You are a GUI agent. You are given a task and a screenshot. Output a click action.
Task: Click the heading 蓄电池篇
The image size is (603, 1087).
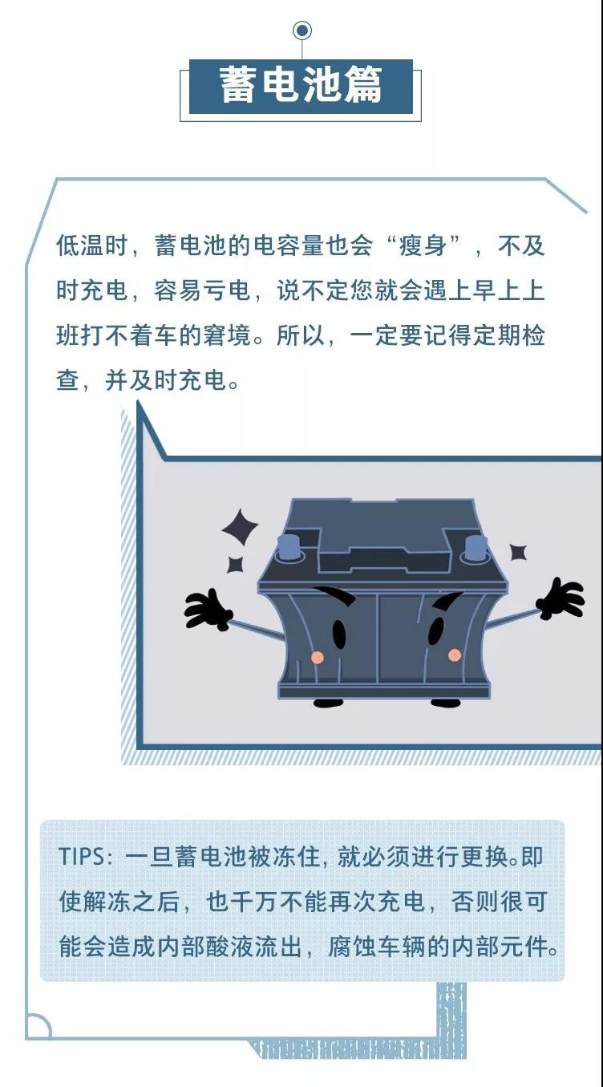tap(301, 85)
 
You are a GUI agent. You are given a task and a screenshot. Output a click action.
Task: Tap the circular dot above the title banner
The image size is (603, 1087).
tap(302, 30)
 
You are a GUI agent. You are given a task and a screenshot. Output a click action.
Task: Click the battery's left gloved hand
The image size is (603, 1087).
tap(207, 610)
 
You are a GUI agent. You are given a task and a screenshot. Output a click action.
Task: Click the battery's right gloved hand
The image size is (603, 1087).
tap(561, 598)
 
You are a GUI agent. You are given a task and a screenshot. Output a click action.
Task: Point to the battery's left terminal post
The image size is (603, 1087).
tap(288, 547)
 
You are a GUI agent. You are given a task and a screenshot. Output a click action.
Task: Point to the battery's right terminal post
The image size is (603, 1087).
tap(476, 547)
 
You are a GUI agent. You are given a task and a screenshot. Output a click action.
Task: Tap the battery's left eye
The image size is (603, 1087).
tap(339, 633)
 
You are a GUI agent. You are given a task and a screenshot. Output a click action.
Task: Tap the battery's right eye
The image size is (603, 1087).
tap(436, 631)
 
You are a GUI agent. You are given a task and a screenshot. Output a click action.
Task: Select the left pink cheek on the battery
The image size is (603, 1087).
tap(317, 658)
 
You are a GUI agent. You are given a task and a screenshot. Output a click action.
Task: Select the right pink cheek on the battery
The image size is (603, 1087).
tap(455, 655)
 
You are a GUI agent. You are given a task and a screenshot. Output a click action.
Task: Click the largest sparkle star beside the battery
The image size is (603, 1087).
tap(240, 529)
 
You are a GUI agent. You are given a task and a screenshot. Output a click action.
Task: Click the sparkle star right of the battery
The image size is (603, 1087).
tap(518, 552)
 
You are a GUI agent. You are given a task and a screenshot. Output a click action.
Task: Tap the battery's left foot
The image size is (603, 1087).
tap(329, 704)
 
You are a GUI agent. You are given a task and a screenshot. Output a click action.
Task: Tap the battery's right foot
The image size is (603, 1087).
tap(446, 703)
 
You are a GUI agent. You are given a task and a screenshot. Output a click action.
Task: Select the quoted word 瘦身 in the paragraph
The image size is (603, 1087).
tap(423, 245)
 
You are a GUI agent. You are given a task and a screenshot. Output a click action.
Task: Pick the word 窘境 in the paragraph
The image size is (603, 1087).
tap(227, 335)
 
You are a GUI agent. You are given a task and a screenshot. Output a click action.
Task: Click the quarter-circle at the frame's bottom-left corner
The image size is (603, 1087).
tap(38, 1025)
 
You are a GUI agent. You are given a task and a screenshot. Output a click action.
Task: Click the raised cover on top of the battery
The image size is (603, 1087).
tap(385, 535)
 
